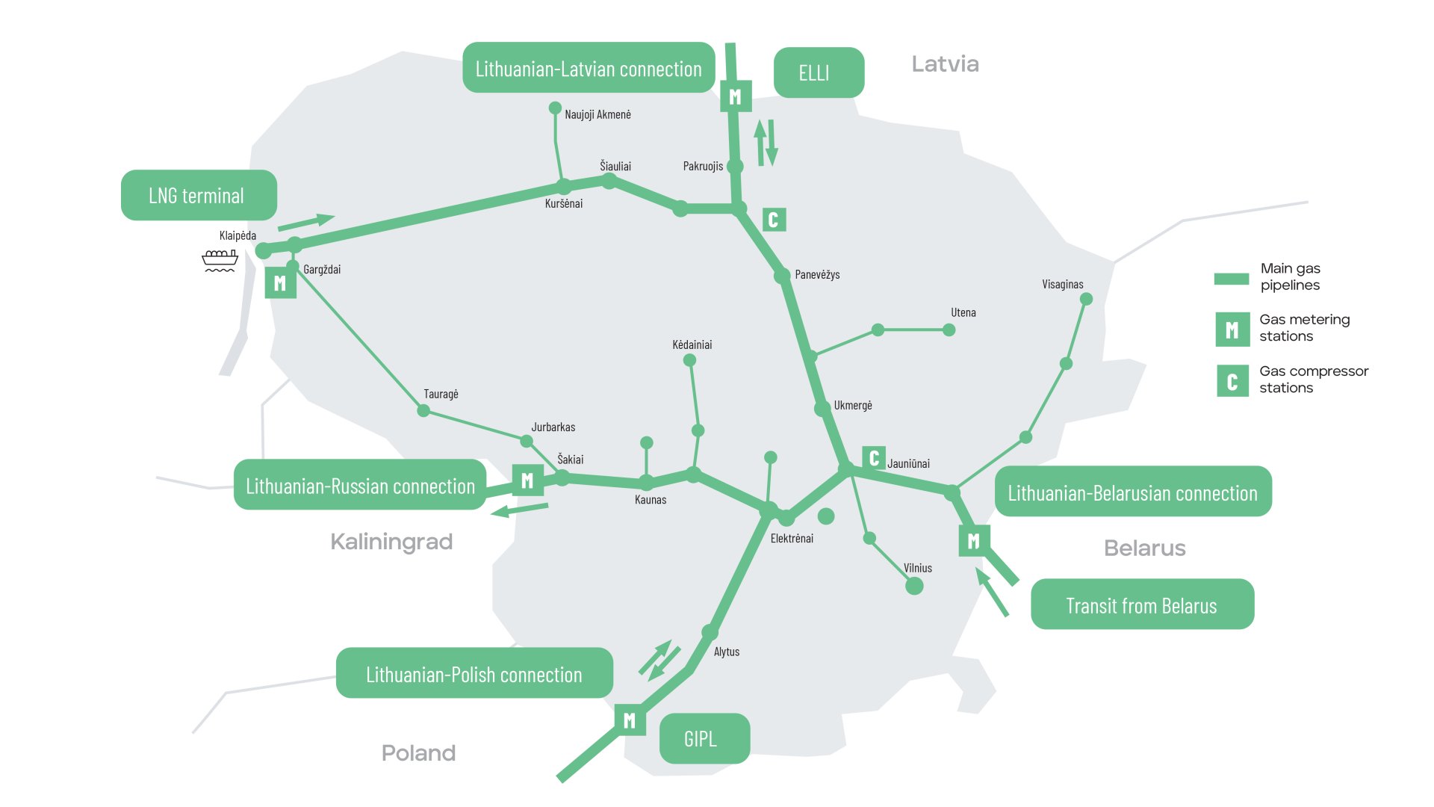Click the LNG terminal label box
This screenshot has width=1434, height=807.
point(199,196)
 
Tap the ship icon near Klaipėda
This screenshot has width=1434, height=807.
point(220,260)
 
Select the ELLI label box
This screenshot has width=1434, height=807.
point(819,73)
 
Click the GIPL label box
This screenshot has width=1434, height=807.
point(704,739)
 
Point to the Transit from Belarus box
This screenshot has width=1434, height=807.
point(1142,605)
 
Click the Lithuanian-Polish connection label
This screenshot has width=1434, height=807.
point(474,674)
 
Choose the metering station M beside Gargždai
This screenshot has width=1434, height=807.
point(280,283)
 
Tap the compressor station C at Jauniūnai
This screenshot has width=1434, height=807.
point(874,457)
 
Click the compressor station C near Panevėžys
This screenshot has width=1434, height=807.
point(774,220)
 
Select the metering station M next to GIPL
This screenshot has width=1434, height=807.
point(630,720)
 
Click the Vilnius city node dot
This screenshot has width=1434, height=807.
point(914,586)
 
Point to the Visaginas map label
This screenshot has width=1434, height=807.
point(1062,285)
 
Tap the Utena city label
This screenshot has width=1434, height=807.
point(963,313)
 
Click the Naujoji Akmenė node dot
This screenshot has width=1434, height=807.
point(555,108)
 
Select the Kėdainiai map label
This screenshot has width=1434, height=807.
point(692,345)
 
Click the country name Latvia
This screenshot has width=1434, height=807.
point(945,64)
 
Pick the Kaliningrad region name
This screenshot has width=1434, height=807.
point(391,542)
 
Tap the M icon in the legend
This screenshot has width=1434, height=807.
point(1232,330)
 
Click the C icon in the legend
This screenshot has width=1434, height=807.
point(1232,381)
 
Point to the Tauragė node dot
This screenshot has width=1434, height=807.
point(423,411)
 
